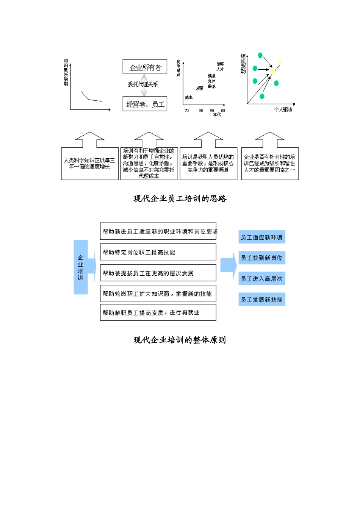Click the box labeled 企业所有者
145,67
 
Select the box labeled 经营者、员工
145,104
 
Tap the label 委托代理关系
142,84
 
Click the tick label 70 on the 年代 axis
187,111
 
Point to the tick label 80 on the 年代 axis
201,111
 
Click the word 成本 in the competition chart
189,98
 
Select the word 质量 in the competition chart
200,88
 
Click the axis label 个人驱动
283,110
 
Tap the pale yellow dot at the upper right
280,62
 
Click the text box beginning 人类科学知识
90,164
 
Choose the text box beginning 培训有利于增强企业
149,164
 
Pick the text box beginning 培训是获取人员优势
208,164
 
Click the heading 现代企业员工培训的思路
180,198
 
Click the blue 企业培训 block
81,267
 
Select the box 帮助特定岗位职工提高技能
158,252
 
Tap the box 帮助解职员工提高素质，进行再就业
158,313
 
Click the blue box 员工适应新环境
262,237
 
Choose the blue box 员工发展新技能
262,300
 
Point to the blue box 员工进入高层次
262,279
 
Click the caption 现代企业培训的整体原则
180,340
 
